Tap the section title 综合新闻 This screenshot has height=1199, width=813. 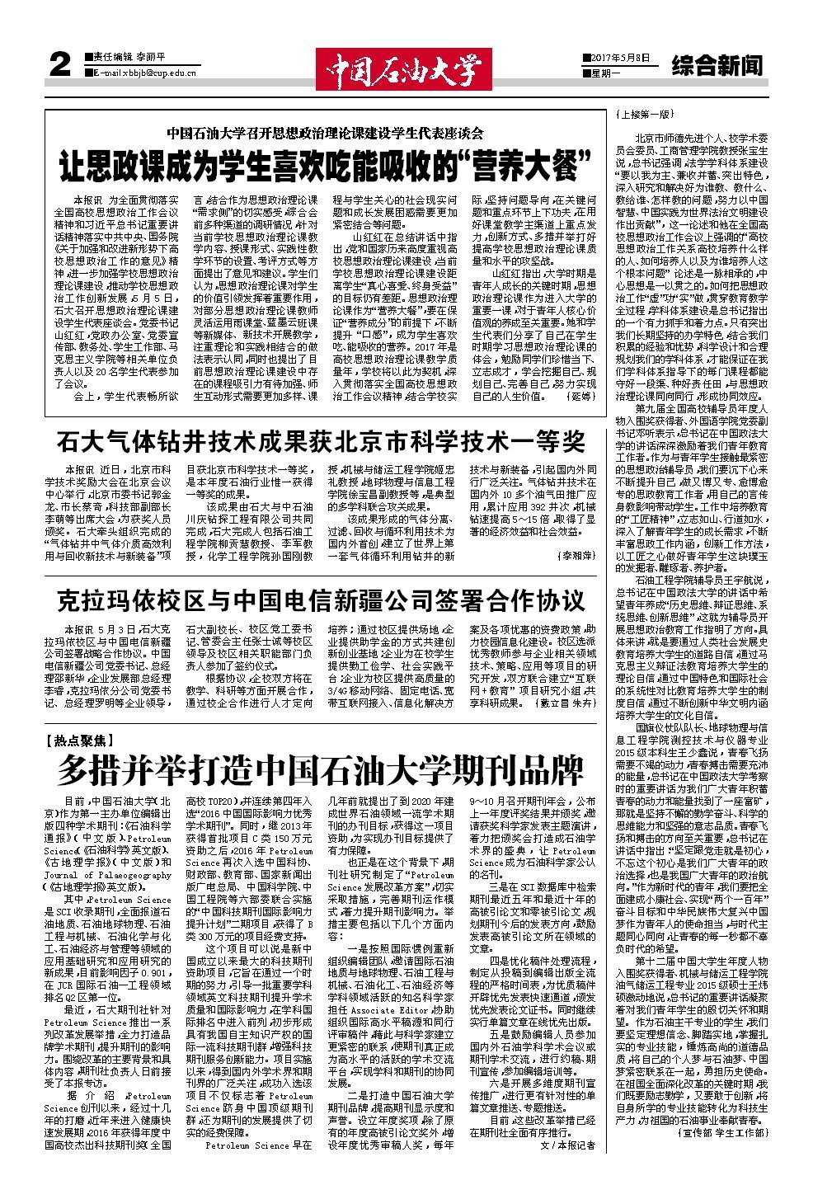716,64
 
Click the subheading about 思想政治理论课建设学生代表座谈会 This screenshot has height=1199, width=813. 325,132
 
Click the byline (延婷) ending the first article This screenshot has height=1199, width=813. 580,397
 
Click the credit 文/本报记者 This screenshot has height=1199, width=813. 566,1145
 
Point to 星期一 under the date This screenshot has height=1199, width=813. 604,73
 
